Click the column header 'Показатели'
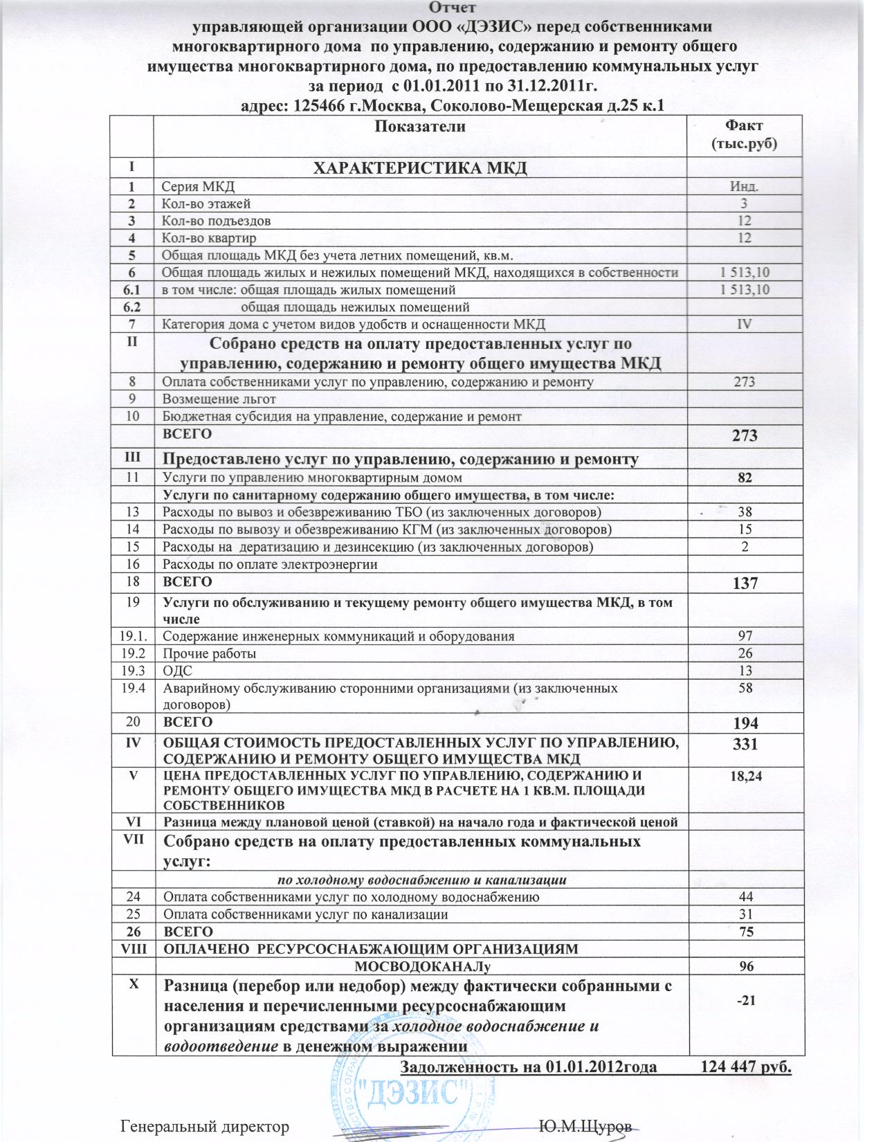(x=419, y=126)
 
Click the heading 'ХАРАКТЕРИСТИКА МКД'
(x=421, y=168)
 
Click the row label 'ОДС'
(x=177, y=670)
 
